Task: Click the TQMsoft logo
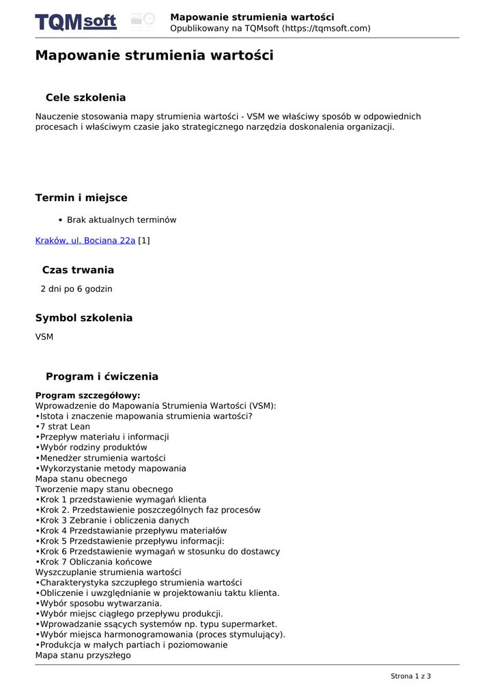tap(76, 22)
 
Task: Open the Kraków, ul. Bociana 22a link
tap(85, 241)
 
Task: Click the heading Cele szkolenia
tap(85, 98)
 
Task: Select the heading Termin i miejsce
tap(81, 198)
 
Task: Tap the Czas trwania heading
tap(78, 270)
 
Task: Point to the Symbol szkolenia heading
tap(84, 318)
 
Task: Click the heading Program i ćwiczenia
tap(102, 377)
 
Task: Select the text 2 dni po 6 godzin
tap(76, 289)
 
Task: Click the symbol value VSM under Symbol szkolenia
tap(44, 337)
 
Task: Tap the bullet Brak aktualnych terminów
tap(122, 220)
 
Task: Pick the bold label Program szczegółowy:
tap(87, 395)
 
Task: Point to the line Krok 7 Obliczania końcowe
tap(96, 562)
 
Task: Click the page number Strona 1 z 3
tap(410, 676)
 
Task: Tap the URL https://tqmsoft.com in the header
tap(327, 28)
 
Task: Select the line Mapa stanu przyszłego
tap(83, 656)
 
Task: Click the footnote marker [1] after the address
tap(144, 241)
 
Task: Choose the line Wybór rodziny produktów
tap(94, 447)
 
